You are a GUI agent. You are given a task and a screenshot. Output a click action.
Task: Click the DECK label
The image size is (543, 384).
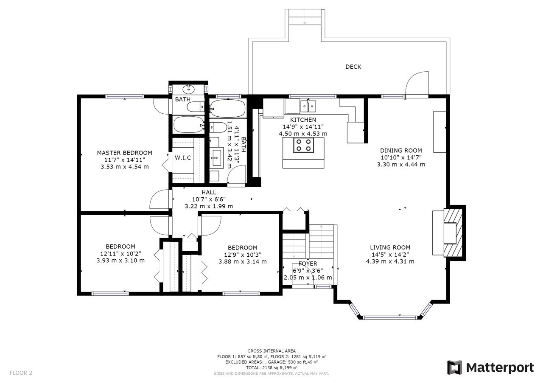coord(353,67)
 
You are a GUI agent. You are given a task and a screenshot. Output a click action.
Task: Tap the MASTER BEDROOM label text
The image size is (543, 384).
coord(125,153)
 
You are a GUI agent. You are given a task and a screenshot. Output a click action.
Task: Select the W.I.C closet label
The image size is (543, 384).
coord(183,157)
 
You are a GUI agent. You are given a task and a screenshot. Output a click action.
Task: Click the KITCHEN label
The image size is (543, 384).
coord(303,120)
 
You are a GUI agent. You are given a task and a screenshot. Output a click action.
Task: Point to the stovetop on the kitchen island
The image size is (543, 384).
coord(304,145)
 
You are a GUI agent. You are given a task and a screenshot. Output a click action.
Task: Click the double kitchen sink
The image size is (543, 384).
coord(308,106)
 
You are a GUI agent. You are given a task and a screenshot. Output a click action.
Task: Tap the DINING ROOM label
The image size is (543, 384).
coord(401,151)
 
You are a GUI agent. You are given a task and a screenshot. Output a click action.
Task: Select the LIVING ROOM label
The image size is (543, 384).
coord(390,247)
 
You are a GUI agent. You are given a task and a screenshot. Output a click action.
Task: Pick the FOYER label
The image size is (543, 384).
coord(308,264)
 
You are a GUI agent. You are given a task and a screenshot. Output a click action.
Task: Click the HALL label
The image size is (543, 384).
coord(209,193)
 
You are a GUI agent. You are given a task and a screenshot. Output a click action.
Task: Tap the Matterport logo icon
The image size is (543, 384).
coord(454,367)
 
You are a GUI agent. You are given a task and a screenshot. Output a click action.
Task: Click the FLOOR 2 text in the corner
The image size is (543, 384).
coord(21,373)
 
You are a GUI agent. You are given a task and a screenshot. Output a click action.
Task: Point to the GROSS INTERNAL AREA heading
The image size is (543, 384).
coord(271,351)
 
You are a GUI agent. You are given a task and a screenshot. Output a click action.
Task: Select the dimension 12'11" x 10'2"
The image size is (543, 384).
coord(120,254)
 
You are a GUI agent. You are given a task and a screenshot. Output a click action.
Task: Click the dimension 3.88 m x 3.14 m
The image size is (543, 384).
coord(242,261)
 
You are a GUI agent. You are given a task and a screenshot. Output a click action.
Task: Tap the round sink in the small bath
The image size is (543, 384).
coord(188,89)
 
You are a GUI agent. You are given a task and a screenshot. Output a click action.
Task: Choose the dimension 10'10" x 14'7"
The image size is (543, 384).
coord(401,157)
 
